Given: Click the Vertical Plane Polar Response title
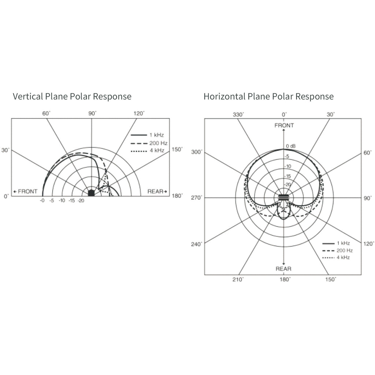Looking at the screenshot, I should coord(72,97).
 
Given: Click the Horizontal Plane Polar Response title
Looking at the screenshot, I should coord(268,97).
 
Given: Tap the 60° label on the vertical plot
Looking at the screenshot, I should coord(47,114).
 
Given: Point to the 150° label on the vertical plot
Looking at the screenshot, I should coord(178,150).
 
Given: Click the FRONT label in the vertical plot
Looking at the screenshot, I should coord(25,192).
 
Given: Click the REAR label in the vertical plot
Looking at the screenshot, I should coord(157,192).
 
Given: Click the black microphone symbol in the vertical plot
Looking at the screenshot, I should coord(91,193).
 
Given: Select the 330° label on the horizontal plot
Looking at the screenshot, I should coord(238,115).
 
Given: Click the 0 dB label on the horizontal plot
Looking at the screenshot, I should coord(291,146).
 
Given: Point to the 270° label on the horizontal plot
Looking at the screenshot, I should coord(196,198).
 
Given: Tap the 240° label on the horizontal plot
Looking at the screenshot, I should coord(196,244).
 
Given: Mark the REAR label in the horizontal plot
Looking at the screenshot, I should coord(283,269).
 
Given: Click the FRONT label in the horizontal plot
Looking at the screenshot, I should coord(284,126).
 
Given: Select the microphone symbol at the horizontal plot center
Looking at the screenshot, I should coord(283,198).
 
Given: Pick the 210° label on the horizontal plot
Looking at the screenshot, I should coord(238,279).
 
